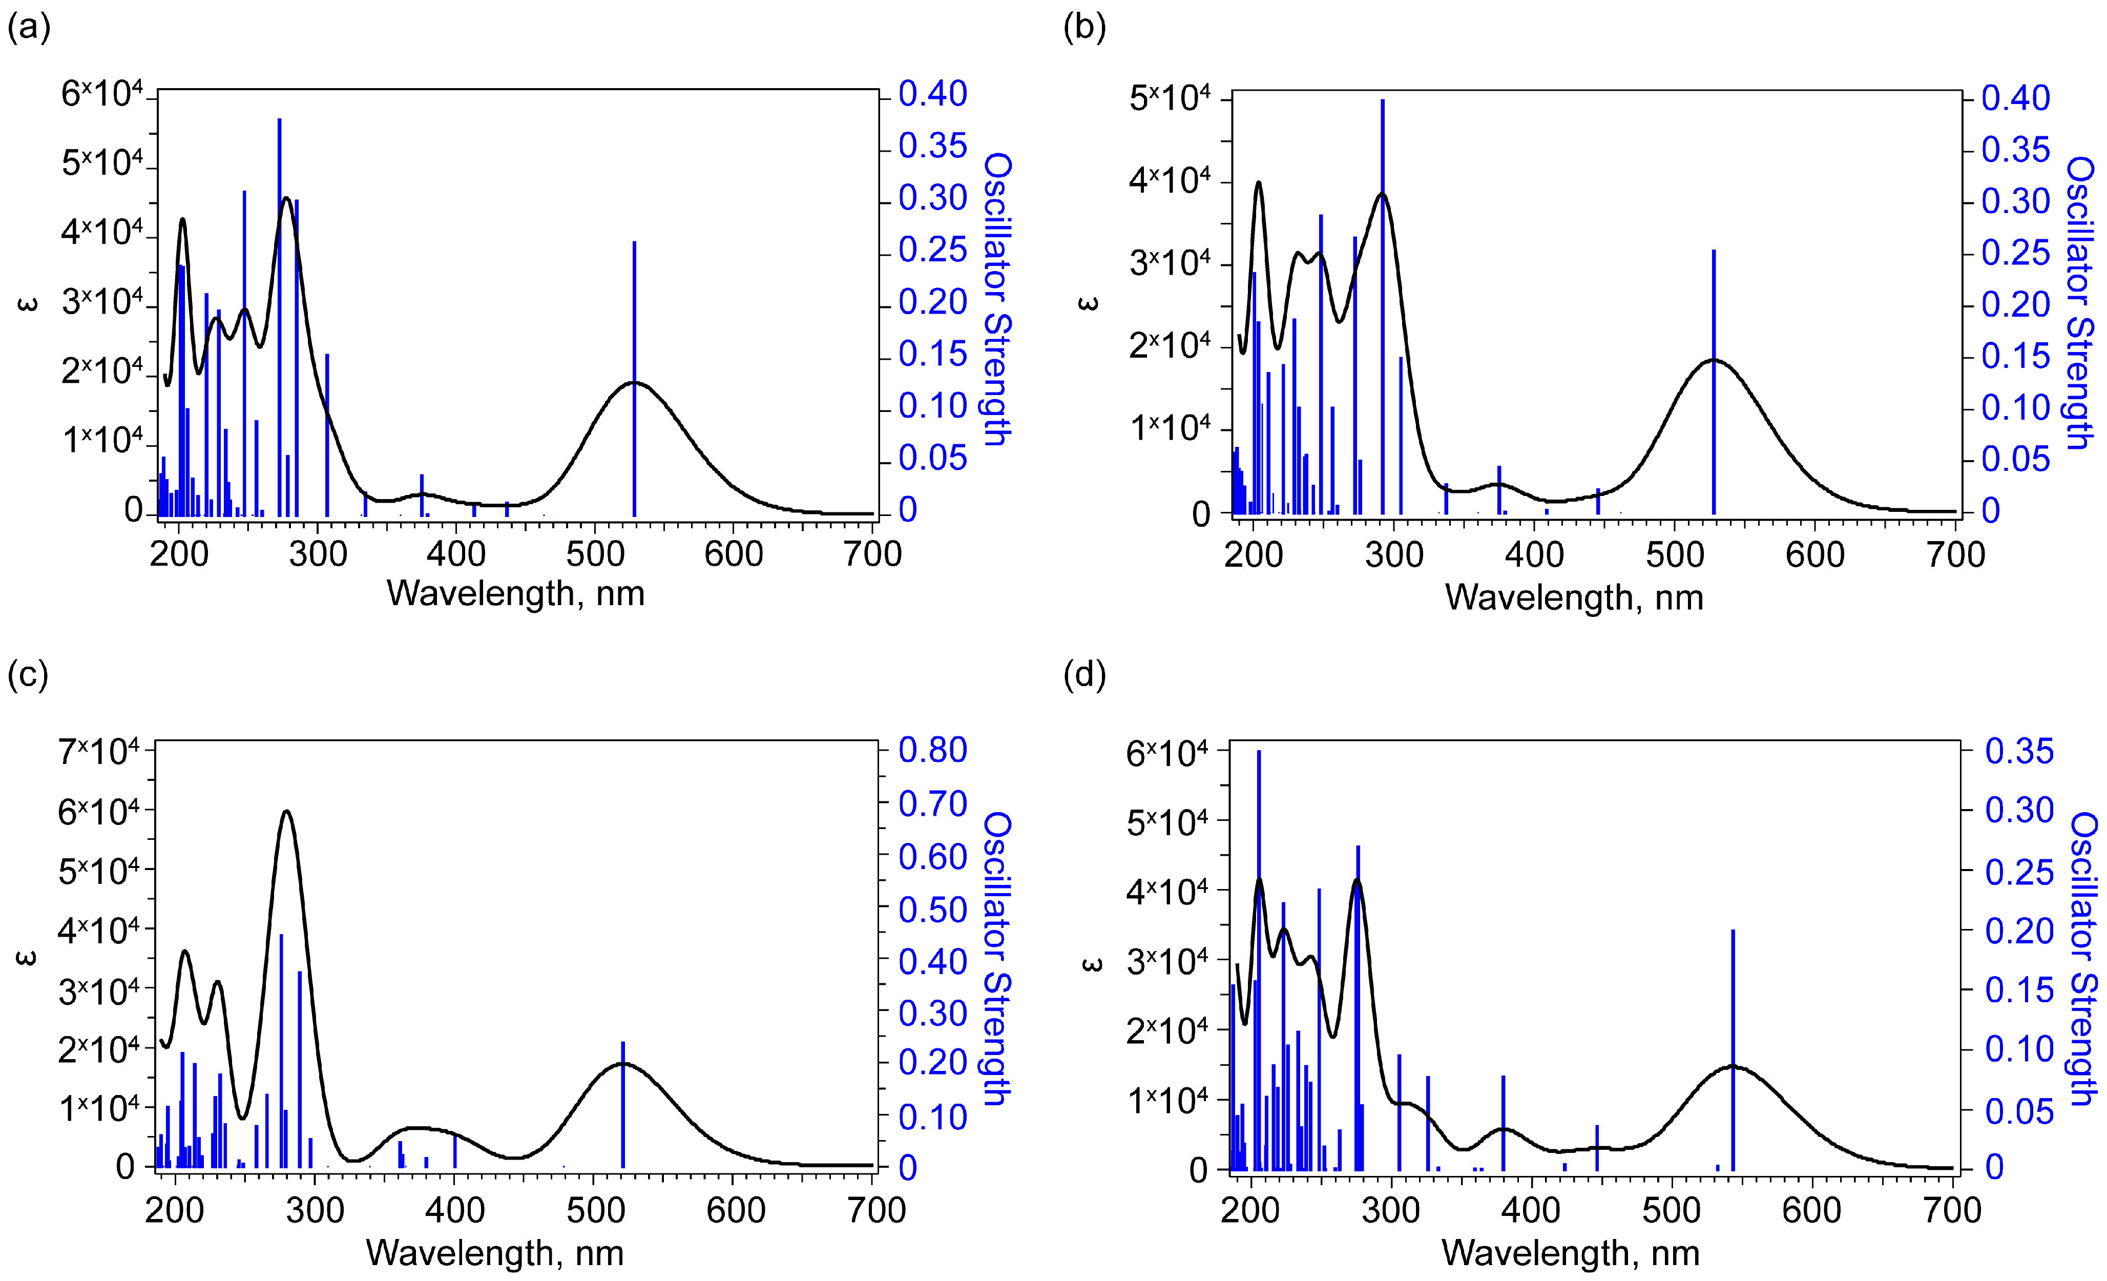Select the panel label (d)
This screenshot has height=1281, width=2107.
(1084, 675)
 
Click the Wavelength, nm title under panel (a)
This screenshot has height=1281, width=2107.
(516, 593)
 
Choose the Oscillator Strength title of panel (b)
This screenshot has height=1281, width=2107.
(2080, 303)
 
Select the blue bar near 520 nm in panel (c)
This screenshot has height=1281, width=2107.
(622, 1103)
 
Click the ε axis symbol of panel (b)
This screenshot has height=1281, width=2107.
(1088, 303)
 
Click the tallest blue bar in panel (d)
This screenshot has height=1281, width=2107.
(1259, 958)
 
